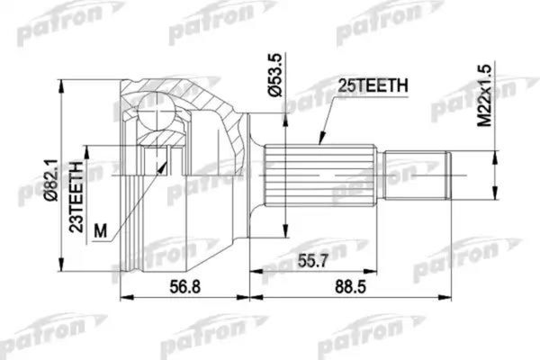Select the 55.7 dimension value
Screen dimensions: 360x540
[x=310, y=263]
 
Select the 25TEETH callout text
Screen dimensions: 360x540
[x=373, y=86]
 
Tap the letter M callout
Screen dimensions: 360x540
[x=101, y=230]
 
